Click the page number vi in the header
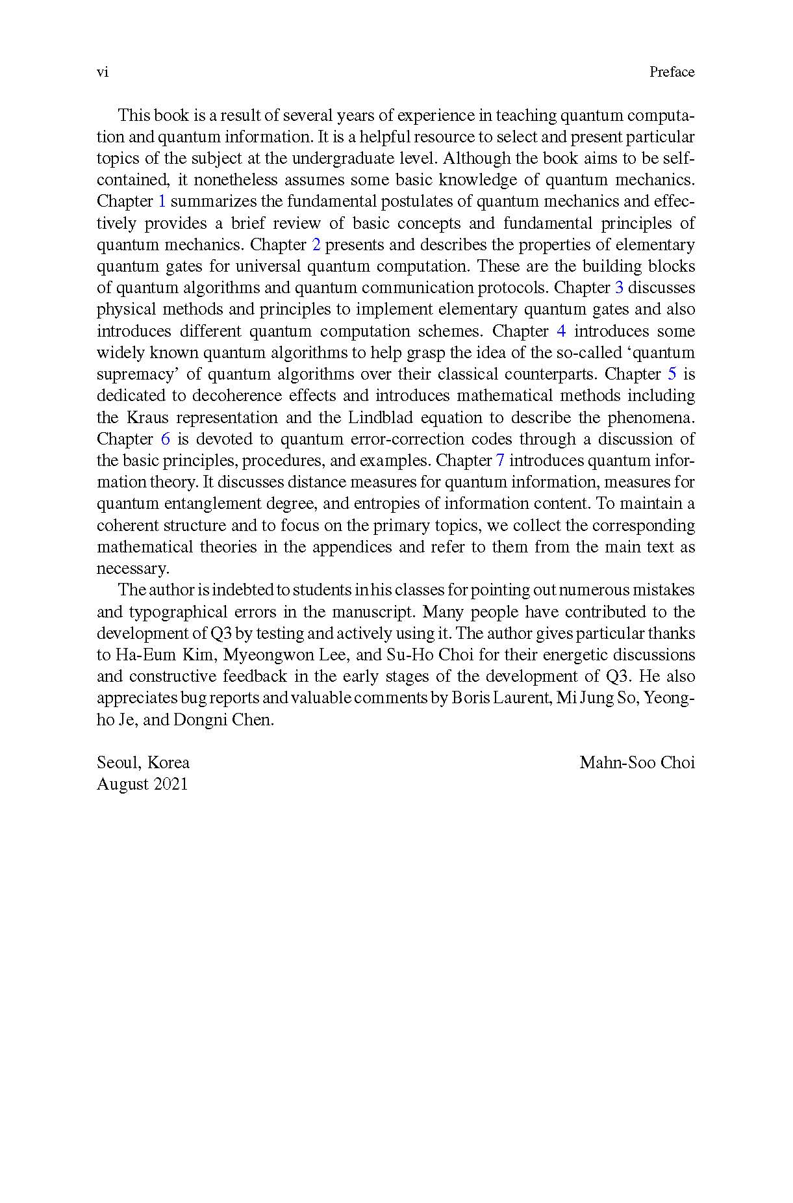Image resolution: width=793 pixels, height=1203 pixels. [x=102, y=72]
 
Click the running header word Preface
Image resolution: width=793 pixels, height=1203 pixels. [x=672, y=72]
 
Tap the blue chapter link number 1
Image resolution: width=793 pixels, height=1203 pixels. [x=162, y=201]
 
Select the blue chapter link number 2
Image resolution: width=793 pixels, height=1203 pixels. [x=316, y=245]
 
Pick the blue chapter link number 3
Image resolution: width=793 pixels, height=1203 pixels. [x=619, y=288]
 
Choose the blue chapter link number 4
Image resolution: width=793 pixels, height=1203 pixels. [x=561, y=331]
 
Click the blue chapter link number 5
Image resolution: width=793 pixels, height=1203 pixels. [x=672, y=374]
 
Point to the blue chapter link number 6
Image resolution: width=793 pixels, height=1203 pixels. [x=165, y=439]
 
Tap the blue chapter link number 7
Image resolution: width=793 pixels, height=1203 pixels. [x=500, y=461]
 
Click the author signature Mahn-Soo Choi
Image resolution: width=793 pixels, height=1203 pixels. [x=636, y=762]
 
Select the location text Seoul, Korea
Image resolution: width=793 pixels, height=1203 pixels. [x=143, y=762]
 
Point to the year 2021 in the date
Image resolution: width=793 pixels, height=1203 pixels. [x=170, y=784]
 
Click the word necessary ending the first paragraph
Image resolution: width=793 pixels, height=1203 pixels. [x=132, y=569]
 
